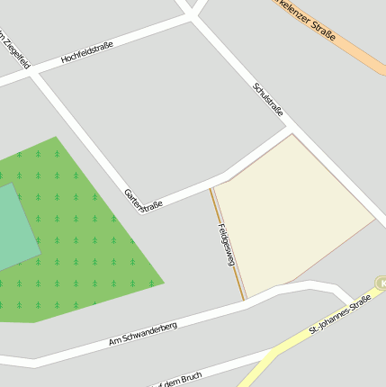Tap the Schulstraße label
268,99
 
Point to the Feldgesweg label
225,244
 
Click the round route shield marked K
382,283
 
